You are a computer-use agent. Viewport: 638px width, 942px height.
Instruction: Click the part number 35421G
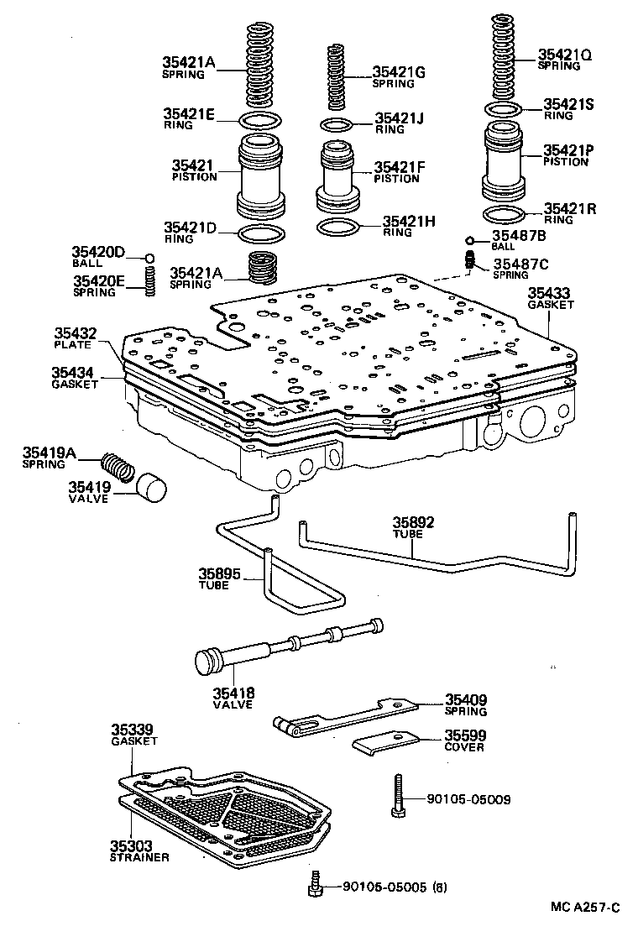point(400,72)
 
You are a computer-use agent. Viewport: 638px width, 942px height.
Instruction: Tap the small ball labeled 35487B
point(470,240)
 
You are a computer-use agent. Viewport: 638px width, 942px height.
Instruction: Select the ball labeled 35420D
point(149,258)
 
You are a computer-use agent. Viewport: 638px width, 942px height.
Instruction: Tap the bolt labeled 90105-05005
point(316,884)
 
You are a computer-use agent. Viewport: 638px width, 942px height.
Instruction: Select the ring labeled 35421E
point(262,118)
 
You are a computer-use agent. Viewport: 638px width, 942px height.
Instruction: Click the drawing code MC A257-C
point(585,908)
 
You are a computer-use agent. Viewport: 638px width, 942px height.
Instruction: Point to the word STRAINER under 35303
point(139,857)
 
